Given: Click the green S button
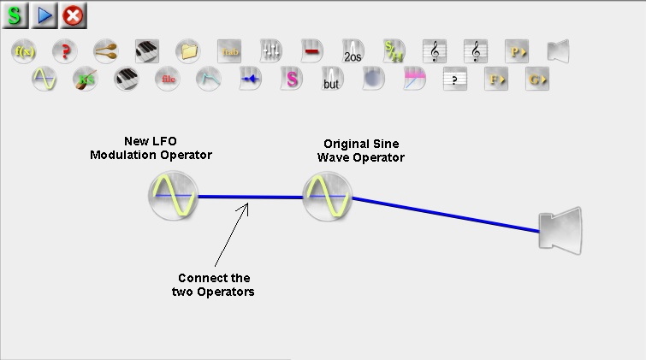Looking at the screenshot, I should click(15, 15).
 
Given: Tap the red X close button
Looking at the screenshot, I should click(72, 15).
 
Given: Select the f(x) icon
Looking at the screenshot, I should click(24, 51).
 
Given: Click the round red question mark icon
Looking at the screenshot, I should click(64, 51).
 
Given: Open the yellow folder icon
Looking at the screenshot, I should click(187, 51).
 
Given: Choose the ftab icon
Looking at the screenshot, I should click(229, 51).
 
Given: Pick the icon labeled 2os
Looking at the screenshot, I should click(353, 51).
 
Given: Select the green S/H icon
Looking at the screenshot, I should click(394, 51).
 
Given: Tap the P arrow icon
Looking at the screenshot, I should click(517, 51).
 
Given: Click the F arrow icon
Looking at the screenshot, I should click(495, 80).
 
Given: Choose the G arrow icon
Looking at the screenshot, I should click(537, 80).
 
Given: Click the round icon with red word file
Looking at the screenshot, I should click(168, 80).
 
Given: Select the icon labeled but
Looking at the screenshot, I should click(332, 80).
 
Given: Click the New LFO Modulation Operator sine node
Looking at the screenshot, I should click(173, 196).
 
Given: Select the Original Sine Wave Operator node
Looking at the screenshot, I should click(327, 196).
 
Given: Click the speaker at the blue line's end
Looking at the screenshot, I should click(560, 230).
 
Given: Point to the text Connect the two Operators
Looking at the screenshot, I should click(214, 285).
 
